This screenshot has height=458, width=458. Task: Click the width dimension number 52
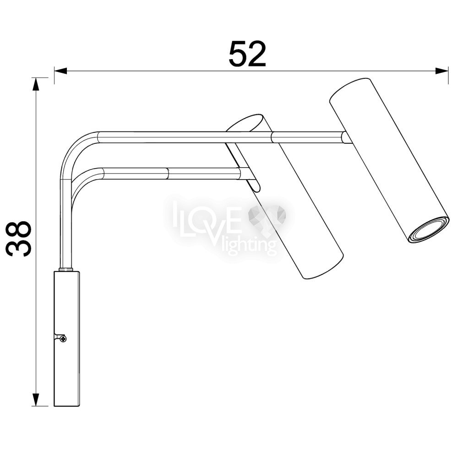tap(247, 55)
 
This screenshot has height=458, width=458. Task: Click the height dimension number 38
tap(19, 238)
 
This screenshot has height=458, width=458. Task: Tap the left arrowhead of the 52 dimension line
tap(60, 71)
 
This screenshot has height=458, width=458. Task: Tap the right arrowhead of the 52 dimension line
tap(442, 71)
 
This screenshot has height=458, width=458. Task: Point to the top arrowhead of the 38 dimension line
tap(36, 84)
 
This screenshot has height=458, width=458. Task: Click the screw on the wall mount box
tap(63, 339)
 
